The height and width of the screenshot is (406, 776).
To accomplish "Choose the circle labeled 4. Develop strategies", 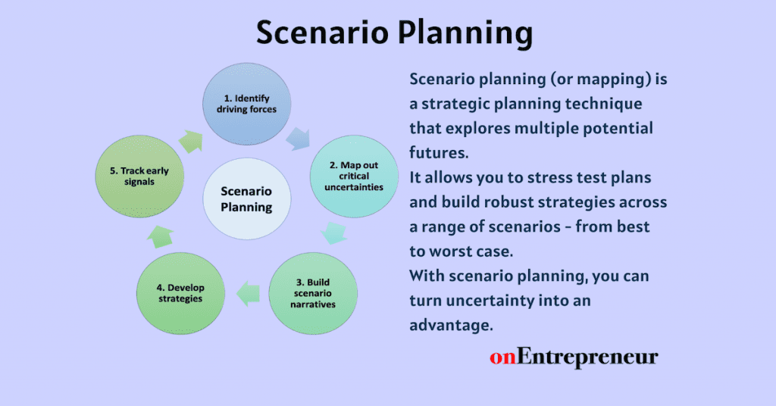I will point(181,293).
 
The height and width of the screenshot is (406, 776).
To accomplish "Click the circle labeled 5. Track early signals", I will point(144,176).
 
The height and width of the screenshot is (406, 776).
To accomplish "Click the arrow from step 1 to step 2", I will point(298,139).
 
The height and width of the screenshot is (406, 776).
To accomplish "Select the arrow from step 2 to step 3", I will point(334,233).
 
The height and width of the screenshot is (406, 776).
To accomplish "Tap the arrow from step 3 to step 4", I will point(248,291).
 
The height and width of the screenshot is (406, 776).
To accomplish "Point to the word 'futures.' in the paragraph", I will point(440,152).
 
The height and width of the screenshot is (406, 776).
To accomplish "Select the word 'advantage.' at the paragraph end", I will point(451,324).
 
